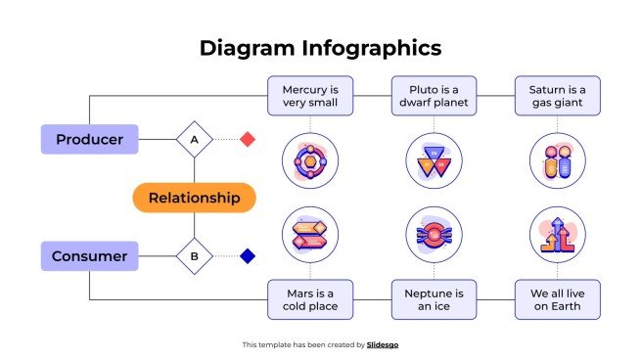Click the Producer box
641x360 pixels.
[89, 139]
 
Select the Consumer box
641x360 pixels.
[89, 256]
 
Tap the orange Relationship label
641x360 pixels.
[194, 198]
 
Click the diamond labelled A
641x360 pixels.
[194, 140]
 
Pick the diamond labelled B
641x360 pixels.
[194, 257]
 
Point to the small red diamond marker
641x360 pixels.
[248, 140]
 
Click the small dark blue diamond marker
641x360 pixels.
[248, 256]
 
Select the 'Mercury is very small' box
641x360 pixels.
[310, 96]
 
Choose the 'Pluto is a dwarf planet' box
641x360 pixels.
[434, 96]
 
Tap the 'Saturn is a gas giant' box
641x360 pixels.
[558, 96]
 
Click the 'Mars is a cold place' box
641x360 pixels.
[310, 299]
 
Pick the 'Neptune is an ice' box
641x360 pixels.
[434, 299]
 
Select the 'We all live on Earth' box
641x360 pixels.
[558, 299]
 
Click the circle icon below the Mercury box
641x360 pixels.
[310, 161]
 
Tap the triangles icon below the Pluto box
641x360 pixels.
[434, 161]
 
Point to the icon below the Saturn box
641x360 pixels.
[558, 161]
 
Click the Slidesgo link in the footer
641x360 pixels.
[383, 344]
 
